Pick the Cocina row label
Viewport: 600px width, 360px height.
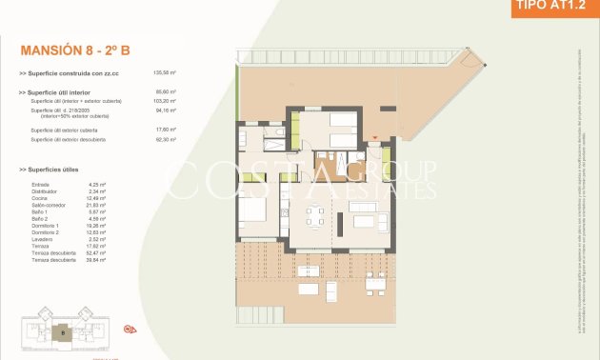pyautogui.click(x=40, y=197)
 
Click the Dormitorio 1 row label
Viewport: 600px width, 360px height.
pyautogui.click(x=45, y=226)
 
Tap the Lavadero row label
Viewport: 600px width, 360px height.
pyautogui.click(x=43, y=239)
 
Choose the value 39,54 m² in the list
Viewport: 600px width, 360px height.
pyautogui.click(x=96, y=260)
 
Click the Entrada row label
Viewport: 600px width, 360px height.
pyautogui.click(x=40, y=184)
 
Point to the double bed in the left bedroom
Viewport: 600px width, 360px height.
pyautogui.click(x=252, y=211)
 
